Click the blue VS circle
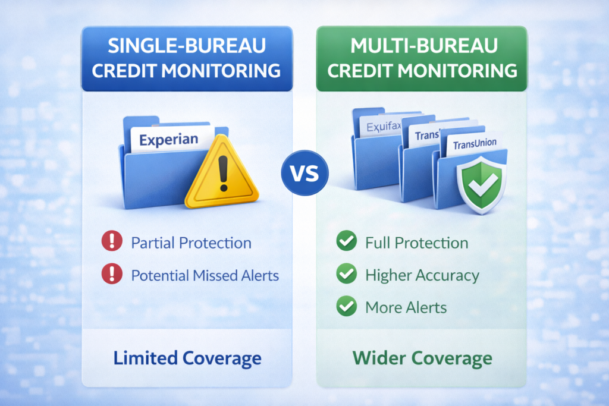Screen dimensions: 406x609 [x=304, y=174]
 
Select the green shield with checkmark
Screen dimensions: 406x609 [x=481, y=186]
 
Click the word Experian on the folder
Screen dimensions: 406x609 [x=169, y=140]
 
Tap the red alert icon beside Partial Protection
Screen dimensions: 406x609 [x=112, y=243]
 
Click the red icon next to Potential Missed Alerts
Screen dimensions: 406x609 [x=112, y=275]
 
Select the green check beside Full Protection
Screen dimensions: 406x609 [x=346, y=243]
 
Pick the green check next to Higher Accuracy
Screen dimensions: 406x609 [x=346, y=275]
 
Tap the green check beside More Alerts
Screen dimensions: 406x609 [x=346, y=307]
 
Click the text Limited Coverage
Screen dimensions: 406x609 [x=187, y=358]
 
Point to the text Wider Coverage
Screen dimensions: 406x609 [x=422, y=358]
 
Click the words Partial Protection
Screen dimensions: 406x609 [x=191, y=243]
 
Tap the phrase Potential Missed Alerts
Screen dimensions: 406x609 [x=205, y=275]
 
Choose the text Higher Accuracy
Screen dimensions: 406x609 [x=422, y=275]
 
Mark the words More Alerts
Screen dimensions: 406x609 [x=406, y=307]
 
